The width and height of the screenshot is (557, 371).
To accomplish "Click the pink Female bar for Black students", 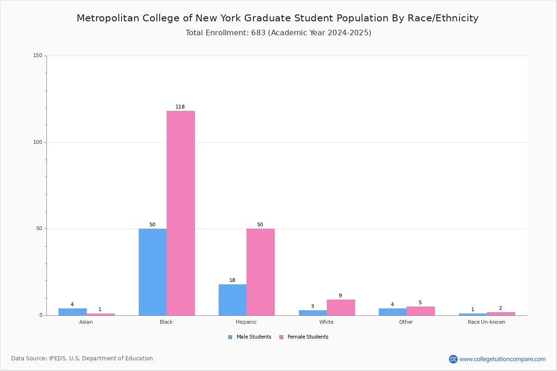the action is [181, 213].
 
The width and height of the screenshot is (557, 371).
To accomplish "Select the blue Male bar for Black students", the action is [153, 272].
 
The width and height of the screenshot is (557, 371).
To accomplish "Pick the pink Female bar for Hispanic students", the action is [260, 272].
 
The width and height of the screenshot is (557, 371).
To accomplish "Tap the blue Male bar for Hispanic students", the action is [233, 300].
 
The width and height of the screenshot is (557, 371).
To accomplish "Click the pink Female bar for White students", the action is [341, 307].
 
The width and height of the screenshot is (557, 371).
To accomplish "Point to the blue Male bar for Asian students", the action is [72, 312].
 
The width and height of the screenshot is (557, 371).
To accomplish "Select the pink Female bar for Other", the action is [421, 311].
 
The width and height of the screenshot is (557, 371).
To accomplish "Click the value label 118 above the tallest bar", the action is [180, 107].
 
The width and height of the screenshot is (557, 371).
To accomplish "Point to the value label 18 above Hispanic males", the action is [232, 280].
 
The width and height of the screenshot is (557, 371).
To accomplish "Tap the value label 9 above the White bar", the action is [340, 296].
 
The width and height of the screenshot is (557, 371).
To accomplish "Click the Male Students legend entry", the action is [250, 337].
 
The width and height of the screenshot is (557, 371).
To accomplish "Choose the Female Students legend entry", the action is [304, 337].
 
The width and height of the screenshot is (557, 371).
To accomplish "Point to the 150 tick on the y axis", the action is [38, 55].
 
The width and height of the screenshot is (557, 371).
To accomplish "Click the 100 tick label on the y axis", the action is [38, 142].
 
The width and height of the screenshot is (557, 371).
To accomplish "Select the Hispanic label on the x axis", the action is [246, 322].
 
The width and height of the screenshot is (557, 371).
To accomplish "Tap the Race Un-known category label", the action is [486, 322].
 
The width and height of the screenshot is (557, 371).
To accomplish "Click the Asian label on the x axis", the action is [86, 322].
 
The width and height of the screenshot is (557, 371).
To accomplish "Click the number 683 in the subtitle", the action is [259, 33].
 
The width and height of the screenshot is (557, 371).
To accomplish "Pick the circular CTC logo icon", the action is [453, 359].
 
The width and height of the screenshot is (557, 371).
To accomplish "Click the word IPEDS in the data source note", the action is [58, 358].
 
